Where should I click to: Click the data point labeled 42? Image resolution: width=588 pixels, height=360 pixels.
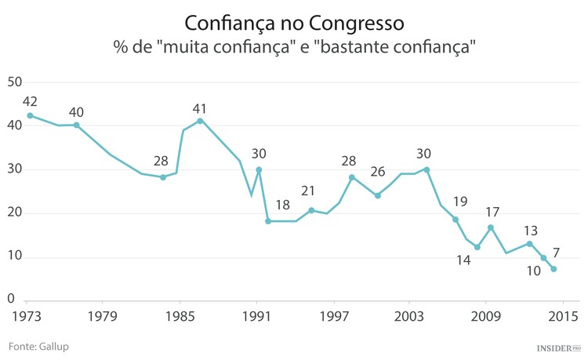tap(30, 115)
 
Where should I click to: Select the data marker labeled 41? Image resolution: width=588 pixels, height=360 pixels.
tap(200, 121)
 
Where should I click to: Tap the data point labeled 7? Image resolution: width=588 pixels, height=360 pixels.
tap(554, 269)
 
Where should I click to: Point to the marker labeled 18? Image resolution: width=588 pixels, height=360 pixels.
tap(268, 221)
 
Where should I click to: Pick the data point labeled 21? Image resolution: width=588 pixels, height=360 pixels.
tap(311, 210)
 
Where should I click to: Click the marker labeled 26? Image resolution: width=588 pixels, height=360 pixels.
tap(378, 195)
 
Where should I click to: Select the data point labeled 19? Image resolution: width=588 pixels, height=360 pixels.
tap(455, 220)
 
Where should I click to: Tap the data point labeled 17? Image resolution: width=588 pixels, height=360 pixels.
tap(491, 227)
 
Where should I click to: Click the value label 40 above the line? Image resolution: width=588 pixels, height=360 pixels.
tap(76, 112)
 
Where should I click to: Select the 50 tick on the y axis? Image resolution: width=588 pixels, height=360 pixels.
tap(15, 82)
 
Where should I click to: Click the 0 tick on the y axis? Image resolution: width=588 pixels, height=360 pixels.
tap(11, 299)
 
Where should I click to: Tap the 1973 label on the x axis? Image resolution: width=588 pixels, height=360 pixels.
tap(27, 316)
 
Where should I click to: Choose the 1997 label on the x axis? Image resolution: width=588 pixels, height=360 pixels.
tap(334, 316)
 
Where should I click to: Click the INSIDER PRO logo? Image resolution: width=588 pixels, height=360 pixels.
tap(558, 347)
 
